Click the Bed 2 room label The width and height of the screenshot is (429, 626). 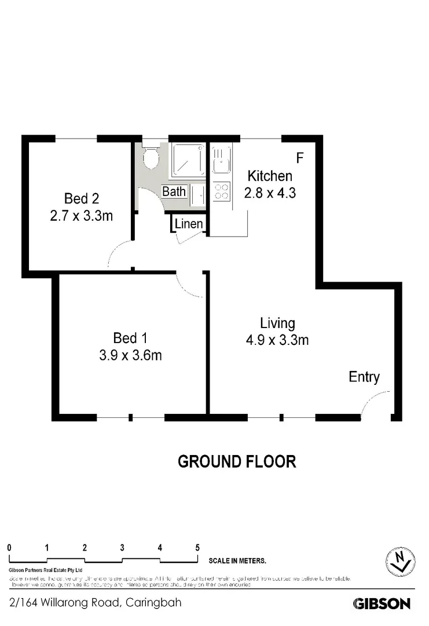coord(81,199)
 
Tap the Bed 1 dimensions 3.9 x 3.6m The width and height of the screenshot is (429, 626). coord(130,355)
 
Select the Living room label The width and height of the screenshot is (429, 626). coord(277,323)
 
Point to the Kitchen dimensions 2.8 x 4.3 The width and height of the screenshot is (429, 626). coord(270,193)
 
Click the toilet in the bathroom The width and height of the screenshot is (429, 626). coord(151,158)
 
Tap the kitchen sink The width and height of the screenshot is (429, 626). coord(221,161)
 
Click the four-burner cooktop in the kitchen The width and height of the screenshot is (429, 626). coord(221,191)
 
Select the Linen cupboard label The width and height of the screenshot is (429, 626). coord(189,224)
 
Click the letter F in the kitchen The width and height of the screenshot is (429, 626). coord(299,158)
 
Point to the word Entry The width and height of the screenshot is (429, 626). coord(364,377)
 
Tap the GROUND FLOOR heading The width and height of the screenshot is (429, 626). coord(236,461)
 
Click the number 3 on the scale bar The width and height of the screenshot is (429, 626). coord(122,547)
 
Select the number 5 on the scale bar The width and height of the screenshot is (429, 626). coord(197,547)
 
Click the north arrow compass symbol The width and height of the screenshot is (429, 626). coord(399,560)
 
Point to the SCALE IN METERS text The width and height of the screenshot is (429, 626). coord(237,561)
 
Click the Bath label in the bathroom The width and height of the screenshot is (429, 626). coord(174,191)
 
